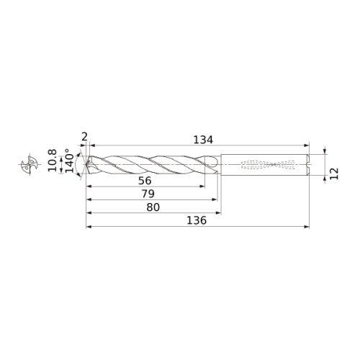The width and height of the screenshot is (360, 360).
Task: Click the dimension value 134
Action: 203,140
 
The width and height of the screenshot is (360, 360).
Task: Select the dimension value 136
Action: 197,220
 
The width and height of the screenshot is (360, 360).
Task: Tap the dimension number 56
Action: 145,181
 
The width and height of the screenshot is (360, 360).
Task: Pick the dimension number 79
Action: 148,194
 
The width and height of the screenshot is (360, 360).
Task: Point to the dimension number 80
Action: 153,207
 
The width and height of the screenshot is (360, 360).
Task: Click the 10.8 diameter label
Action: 52,161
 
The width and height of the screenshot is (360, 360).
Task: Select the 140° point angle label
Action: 70,161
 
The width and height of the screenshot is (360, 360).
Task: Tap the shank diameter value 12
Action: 334,174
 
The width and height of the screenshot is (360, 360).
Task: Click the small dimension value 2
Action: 84,138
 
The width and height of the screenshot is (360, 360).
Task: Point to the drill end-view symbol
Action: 30,164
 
